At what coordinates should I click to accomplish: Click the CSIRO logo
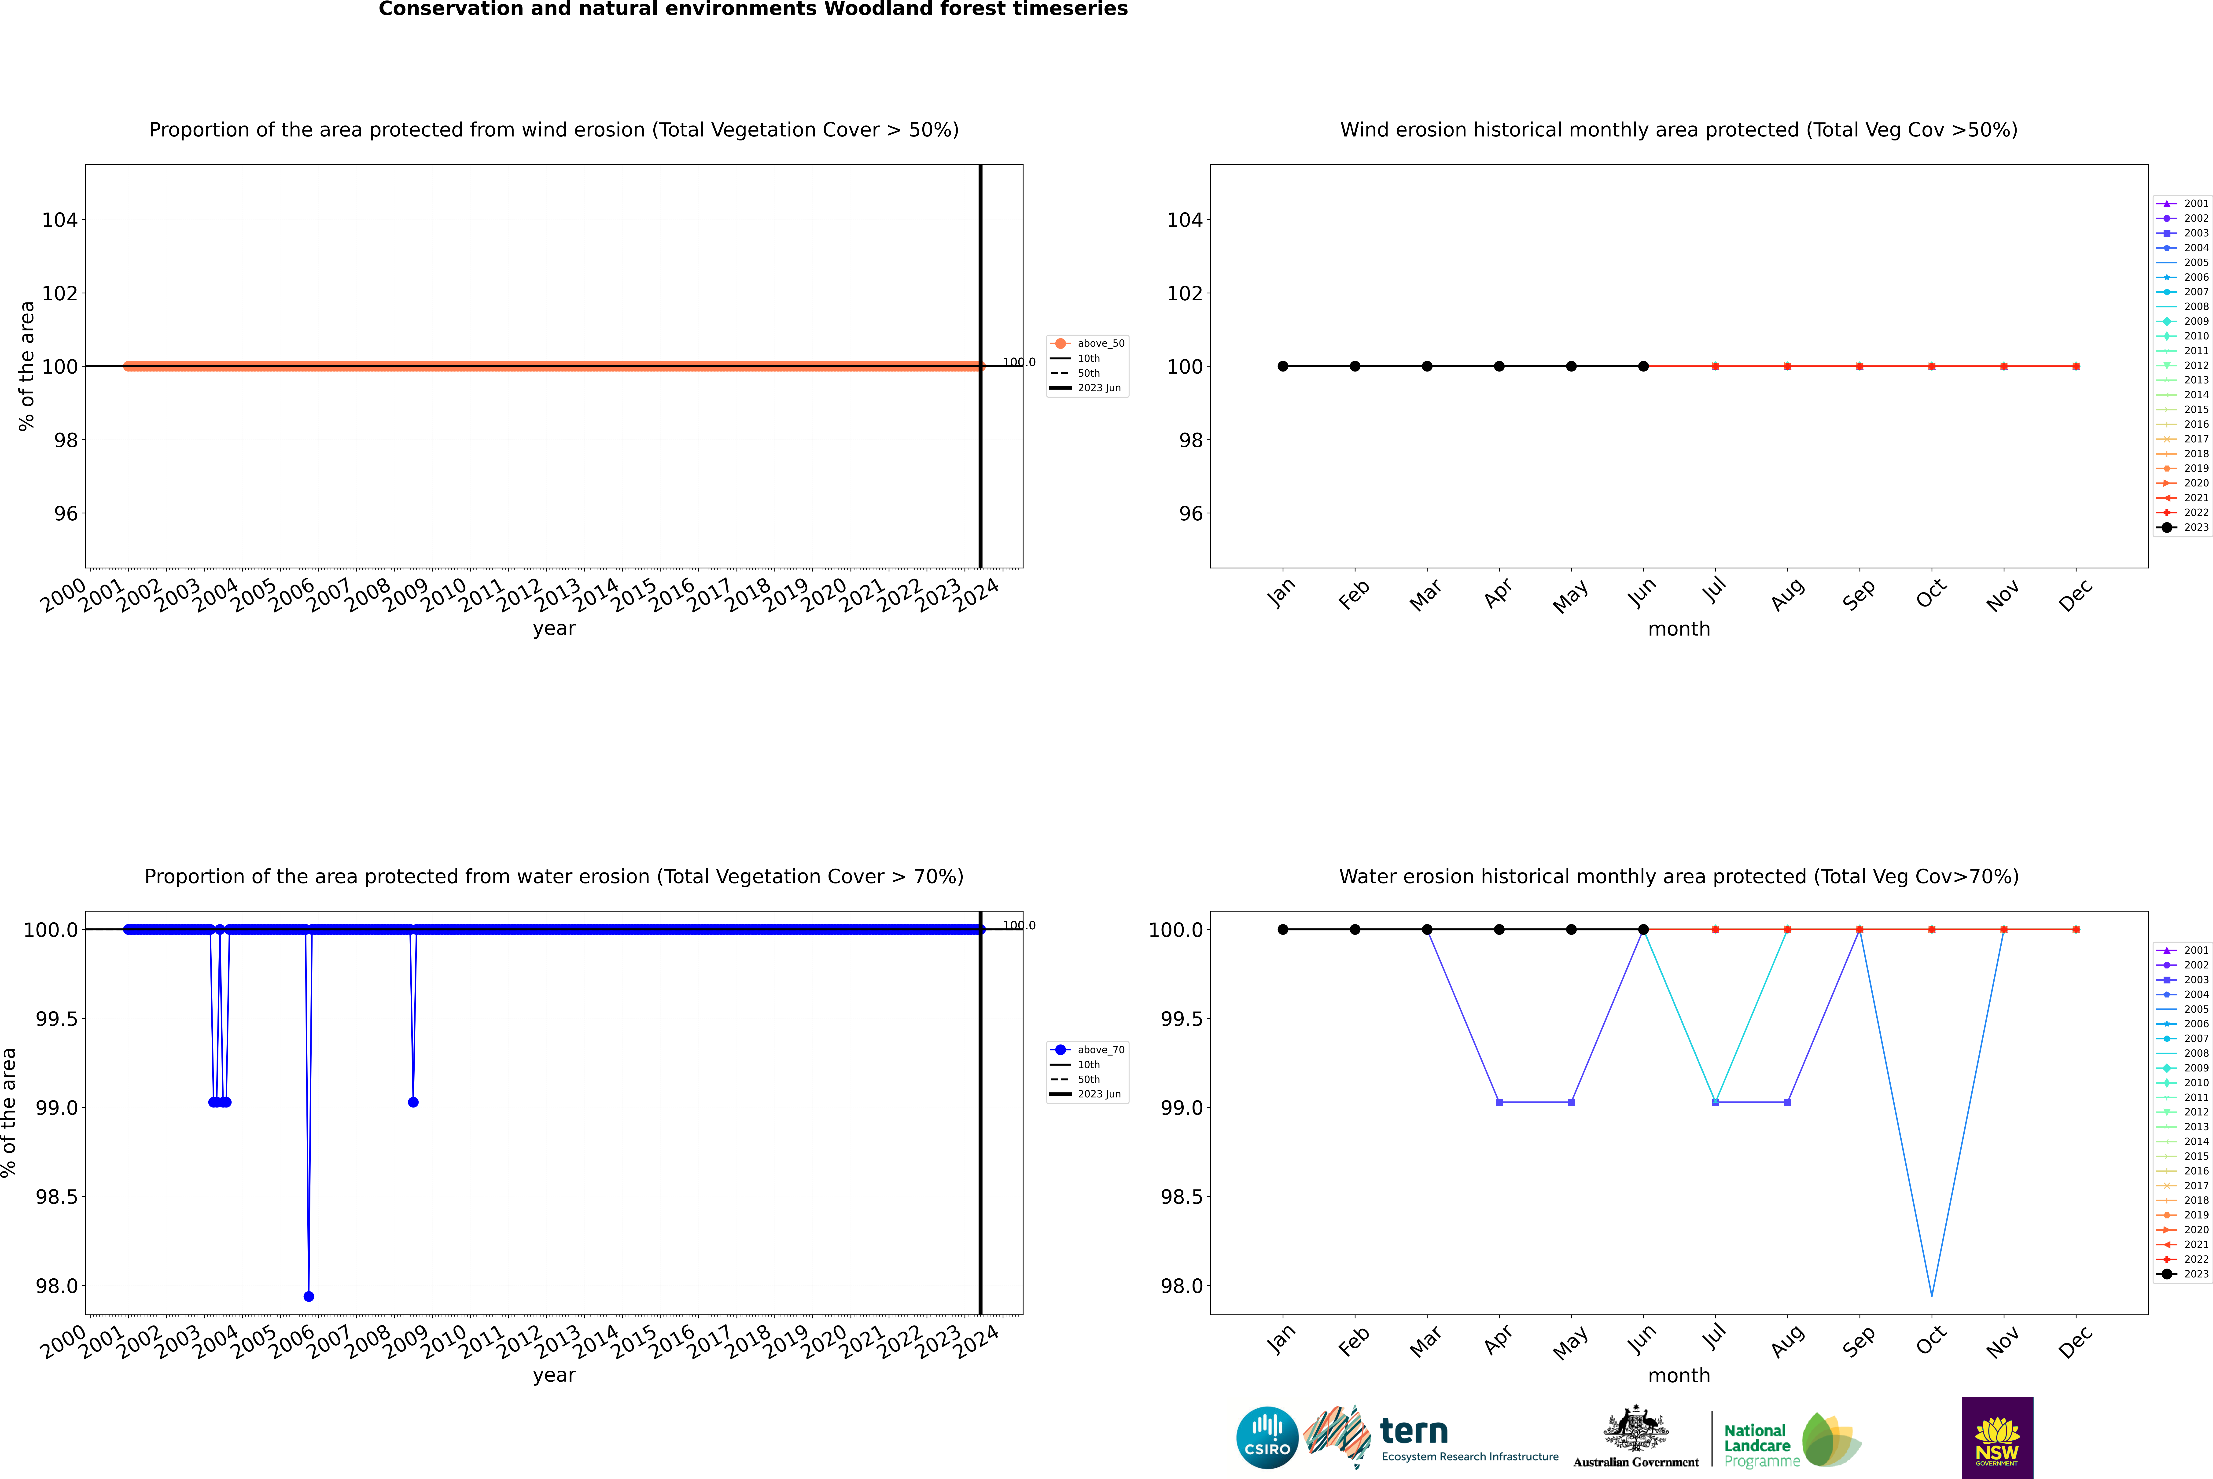point(1267,1438)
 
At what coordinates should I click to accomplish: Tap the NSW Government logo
point(1997,1438)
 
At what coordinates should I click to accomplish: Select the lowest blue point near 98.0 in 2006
point(309,1296)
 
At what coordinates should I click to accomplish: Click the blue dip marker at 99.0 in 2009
point(413,1102)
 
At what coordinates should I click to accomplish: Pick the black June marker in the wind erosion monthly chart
point(1643,366)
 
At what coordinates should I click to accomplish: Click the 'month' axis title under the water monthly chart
point(1678,1375)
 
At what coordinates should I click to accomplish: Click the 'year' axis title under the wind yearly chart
point(554,628)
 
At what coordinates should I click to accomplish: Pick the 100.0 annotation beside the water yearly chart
point(1019,925)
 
